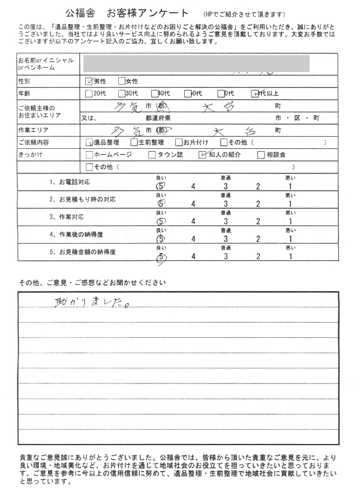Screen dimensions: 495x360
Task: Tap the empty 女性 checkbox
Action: tap(122, 80)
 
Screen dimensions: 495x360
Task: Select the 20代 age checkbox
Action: tap(89, 93)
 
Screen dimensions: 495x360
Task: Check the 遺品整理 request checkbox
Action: tap(90, 143)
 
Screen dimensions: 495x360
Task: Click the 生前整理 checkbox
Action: tap(133, 143)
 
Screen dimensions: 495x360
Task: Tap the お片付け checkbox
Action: tap(178, 143)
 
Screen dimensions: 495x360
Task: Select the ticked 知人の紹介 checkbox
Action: tap(202, 155)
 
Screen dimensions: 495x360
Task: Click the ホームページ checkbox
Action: tap(90, 155)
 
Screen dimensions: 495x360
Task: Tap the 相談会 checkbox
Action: tap(261, 155)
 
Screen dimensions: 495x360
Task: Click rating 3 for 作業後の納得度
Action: tap(224, 239)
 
